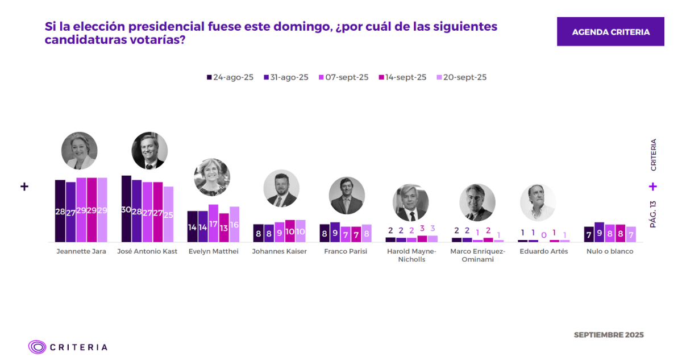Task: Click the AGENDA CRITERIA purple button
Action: (610, 32)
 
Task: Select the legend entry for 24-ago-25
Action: (230, 77)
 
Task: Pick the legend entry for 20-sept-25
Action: (461, 77)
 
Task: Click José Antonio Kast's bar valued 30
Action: (126, 209)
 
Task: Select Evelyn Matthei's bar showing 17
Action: (213, 224)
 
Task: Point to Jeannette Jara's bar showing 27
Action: (70, 212)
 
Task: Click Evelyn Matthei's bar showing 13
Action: (224, 227)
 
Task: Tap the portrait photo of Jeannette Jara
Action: (79, 151)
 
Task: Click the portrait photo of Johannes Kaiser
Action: (281, 188)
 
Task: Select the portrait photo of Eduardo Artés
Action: (538, 202)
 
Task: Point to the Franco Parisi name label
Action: (346, 251)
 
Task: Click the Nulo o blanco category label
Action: (610, 251)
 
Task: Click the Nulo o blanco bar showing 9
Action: (599, 232)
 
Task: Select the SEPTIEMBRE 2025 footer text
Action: (609, 335)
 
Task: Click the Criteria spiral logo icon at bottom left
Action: (37, 347)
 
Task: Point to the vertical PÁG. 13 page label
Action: (653, 214)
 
